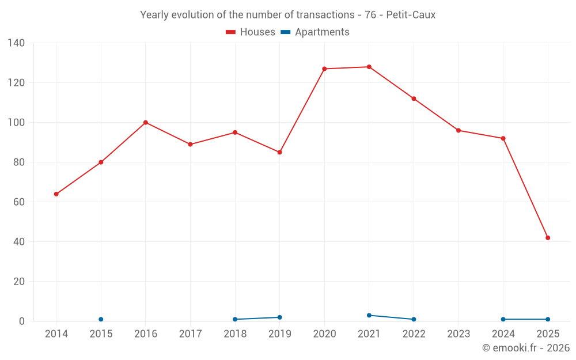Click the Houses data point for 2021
tap(369, 67)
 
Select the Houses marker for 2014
tap(56, 194)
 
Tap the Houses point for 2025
tap(548, 238)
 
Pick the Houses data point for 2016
tap(146, 123)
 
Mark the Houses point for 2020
tap(324, 69)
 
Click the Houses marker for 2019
tap(279, 153)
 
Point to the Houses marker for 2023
tap(458, 131)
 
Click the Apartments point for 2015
tap(101, 319)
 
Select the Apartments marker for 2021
tap(369, 315)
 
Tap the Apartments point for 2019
tap(279, 317)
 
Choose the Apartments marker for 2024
tap(503, 319)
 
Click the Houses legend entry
tap(251, 32)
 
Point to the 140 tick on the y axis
tap(17, 43)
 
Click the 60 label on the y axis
tap(19, 202)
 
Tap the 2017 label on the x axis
tap(190, 334)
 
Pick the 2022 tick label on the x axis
tap(414, 334)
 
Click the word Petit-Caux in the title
tap(411, 15)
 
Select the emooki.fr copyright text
tap(525, 348)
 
